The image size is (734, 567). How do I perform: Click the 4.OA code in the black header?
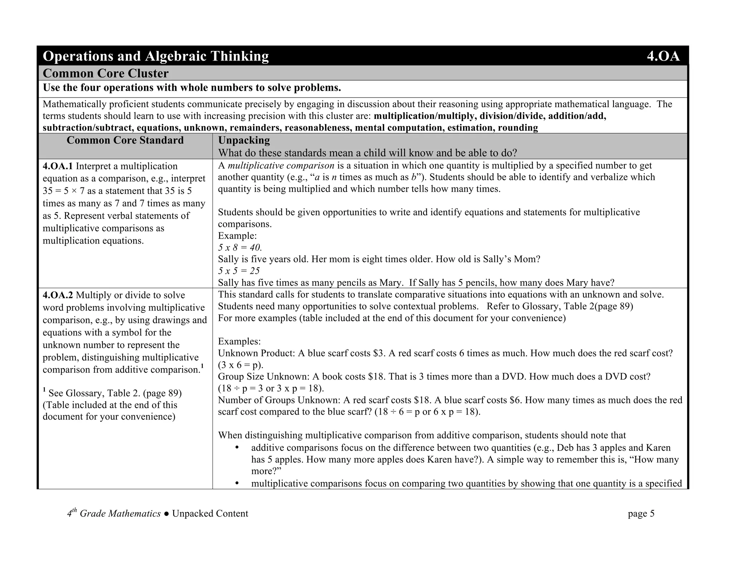[x=663, y=56]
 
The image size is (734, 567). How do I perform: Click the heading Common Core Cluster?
[x=105, y=73]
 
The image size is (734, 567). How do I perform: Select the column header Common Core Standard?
[x=125, y=140]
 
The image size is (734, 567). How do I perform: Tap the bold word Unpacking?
[x=244, y=140]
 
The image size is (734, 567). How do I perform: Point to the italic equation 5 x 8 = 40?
[x=240, y=248]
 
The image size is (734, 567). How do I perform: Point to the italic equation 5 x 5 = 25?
[x=239, y=271]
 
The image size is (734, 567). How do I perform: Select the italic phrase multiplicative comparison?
[x=281, y=166]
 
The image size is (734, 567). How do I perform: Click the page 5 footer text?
[x=641, y=514]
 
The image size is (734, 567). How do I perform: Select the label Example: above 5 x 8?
[x=237, y=236]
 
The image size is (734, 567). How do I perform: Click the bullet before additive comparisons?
[x=237, y=448]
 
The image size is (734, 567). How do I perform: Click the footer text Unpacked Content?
[x=210, y=514]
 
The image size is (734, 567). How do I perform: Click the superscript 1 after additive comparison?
[x=202, y=366]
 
